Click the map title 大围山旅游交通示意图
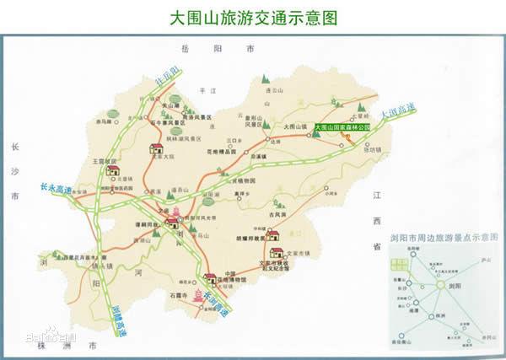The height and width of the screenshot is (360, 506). click(253, 17)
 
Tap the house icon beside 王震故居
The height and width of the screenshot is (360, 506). click(112, 170)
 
